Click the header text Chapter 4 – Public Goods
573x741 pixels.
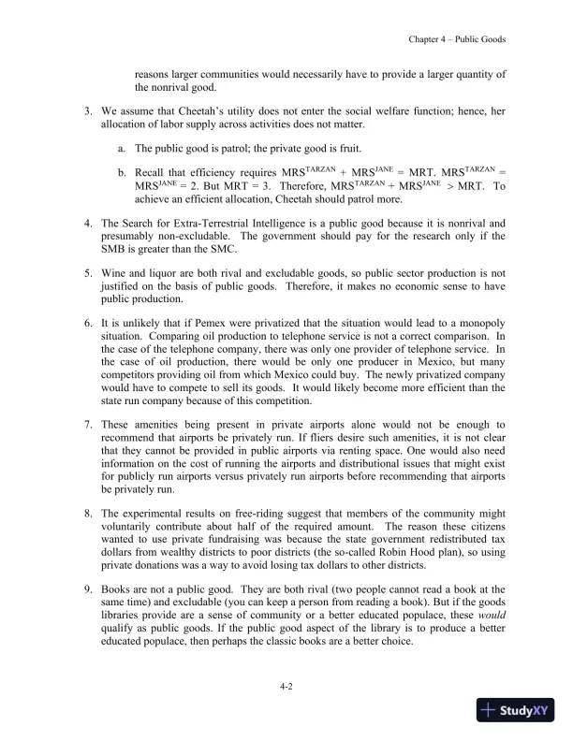(x=458, y=39)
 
